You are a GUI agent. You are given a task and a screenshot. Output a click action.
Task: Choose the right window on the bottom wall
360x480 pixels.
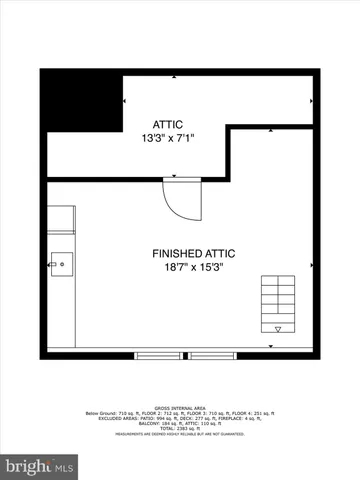215,354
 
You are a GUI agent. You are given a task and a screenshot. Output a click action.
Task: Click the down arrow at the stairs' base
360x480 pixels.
277,328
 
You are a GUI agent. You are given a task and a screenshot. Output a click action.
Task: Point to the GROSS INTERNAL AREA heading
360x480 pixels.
179,406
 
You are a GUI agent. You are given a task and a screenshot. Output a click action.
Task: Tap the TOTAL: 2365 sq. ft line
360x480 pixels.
179,428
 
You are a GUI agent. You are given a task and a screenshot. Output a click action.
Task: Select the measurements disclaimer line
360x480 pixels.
179,434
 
